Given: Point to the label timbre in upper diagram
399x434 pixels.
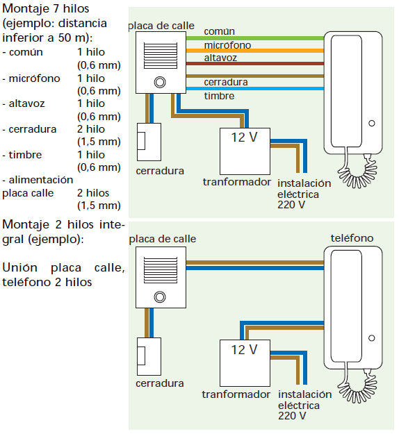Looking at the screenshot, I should pos(219,96).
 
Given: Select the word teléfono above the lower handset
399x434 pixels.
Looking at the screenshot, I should pos(352,238).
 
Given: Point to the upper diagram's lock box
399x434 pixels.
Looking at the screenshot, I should pos(149,142).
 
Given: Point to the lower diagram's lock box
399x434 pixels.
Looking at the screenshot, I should pos(149,356).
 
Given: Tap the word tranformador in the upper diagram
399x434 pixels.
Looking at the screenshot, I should pos(236,181).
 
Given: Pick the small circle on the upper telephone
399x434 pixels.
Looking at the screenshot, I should pos(371,124).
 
